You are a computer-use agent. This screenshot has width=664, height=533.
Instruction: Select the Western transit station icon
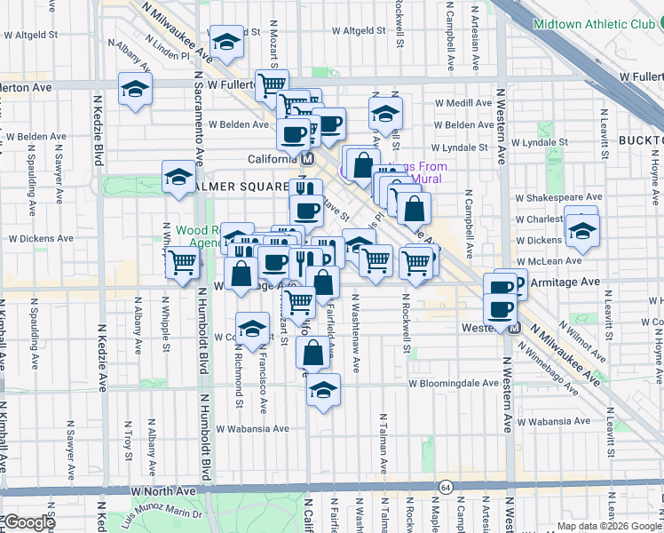tap(513, 328)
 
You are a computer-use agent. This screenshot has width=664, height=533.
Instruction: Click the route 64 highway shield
tap(445, 487)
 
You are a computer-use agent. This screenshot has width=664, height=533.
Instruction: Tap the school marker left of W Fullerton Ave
tap(135, 90)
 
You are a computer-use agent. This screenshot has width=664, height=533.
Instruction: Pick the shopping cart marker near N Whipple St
tap(182, 263)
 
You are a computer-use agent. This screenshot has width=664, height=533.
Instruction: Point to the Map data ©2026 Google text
tap(609, 526)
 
